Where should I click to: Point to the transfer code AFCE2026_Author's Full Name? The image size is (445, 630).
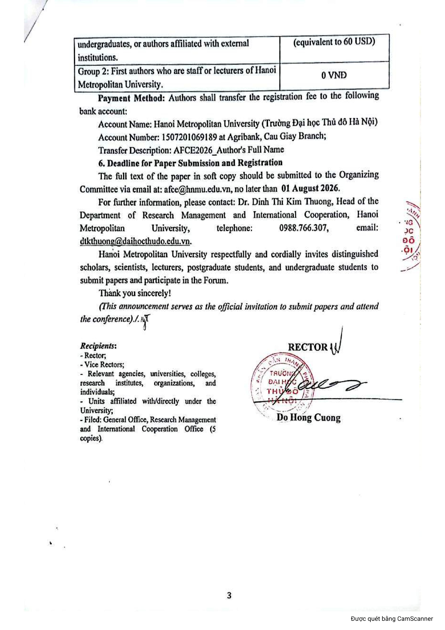pyautogui.click(x=229, y=150)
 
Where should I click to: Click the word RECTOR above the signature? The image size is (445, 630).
pyautogui.click(x=308, y=347)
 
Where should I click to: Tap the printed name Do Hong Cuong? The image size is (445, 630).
pyautogui.click(x=308, y=418)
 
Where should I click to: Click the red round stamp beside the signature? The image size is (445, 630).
pyautogui.click(x=281, y=385)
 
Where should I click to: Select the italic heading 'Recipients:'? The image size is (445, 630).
pyautogui.click(x=98, y=346)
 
